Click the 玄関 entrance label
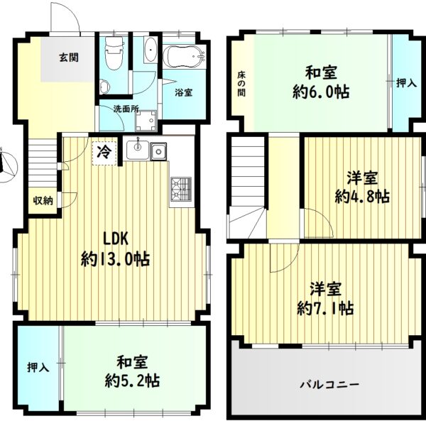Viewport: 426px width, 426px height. [x=68, y=58]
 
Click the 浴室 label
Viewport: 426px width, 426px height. [x=183, y=91]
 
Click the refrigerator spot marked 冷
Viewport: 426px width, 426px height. [x=104, y=151]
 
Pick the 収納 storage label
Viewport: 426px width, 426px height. [x=43, y=200]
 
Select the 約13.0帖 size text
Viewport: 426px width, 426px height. [x=115, y=259]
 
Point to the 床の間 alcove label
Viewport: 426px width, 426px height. [x=239, y=83]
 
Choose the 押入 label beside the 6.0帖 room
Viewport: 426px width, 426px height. [x=405, y=83]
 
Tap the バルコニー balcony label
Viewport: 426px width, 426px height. [x=329, y=384]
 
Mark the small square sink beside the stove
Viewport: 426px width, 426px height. [x=157, y=151]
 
